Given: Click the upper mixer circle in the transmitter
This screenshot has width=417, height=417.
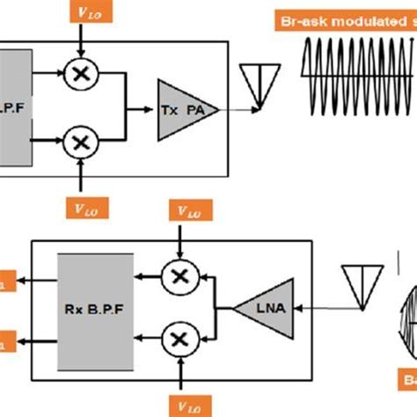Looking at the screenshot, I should click(80, 76).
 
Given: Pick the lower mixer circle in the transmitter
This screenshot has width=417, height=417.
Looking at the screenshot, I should click(80, 140).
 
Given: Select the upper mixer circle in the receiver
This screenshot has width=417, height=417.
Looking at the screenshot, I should click(179, 276).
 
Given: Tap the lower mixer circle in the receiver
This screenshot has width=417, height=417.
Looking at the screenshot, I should click(179, 339).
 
